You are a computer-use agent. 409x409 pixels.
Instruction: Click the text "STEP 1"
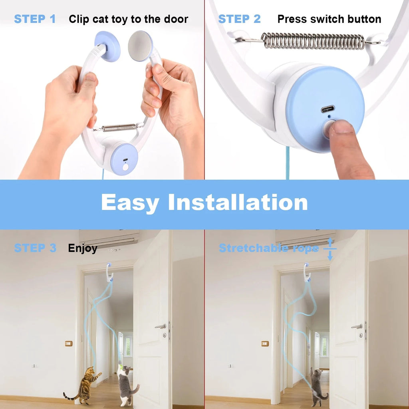click(x=35, y=19)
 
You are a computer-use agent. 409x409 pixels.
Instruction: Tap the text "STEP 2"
click(x=239, y=19)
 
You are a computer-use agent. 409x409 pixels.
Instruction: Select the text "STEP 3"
click(x=35, y=248)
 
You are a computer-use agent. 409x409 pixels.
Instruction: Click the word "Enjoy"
click(x=83, y=248)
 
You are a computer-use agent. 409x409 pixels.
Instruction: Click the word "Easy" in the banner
click(x=130, y=203)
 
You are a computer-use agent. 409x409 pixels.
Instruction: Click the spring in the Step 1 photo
click(x=119, y=128)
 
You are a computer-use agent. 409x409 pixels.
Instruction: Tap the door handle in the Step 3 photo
click(x=161, y=326)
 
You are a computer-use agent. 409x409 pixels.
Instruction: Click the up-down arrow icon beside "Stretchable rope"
click(x=330, y=248)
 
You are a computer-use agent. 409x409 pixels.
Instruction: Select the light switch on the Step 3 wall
click(x=69, y=343)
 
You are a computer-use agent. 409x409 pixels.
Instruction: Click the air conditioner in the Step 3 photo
click(x=109, y=239)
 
